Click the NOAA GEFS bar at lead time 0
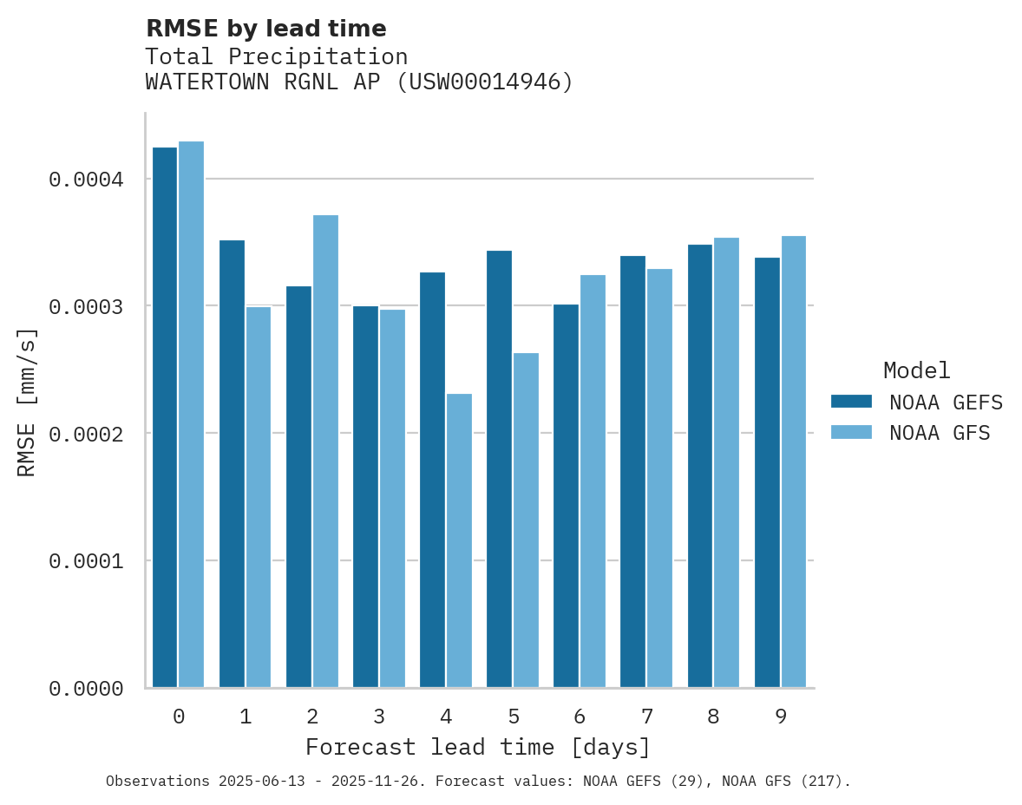[165, 416]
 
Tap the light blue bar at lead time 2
[325, 451]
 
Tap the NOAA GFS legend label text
[940, 433]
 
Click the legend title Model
[916, 370]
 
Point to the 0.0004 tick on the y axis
[85, 180]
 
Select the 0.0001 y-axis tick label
[85, 561]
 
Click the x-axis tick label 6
[580, 717]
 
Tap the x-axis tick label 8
[713, 717]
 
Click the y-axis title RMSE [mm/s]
[27, 402]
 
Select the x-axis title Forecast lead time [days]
[478, 747]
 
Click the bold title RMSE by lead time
[265, 29]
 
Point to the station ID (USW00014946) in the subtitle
[484, 82]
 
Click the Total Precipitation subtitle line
[276, 56]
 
